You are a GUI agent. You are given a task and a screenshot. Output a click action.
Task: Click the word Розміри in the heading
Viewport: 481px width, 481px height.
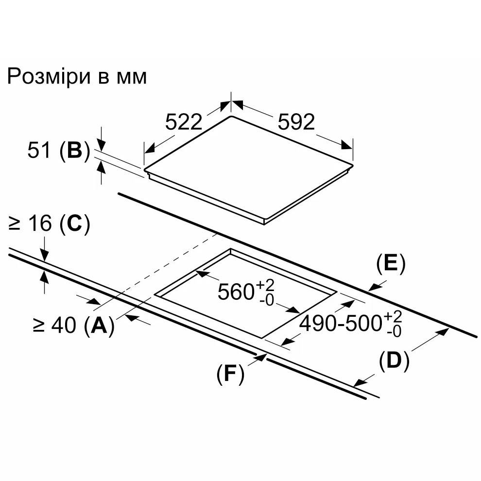point(49,77)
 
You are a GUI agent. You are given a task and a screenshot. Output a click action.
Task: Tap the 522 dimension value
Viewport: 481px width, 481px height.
point(184,122)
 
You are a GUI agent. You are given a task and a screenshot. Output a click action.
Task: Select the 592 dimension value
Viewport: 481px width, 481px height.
point(296,122)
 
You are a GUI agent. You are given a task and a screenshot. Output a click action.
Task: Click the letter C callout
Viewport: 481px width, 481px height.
point(75,223)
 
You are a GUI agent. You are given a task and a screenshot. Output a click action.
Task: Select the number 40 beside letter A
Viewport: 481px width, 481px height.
point(64,325)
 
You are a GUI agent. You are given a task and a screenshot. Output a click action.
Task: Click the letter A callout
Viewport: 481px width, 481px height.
point(99,326)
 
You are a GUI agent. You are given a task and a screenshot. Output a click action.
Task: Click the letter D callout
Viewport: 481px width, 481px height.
point(394,361)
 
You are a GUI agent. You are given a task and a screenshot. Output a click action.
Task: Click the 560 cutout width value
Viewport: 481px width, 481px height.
point(235,292)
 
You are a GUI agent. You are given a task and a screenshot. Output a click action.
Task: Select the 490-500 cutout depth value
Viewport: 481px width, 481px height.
point(341,323)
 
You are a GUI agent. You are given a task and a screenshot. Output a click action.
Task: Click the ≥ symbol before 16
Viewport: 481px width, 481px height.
point(15,223)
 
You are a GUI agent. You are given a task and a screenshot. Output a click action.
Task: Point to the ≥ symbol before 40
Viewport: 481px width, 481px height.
point(38,326)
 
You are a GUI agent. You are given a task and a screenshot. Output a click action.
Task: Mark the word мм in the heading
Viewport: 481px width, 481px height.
point(131,78)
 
